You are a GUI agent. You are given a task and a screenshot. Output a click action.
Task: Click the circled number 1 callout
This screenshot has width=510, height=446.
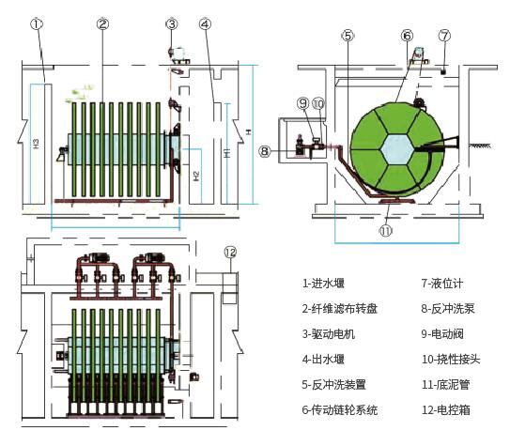[37, 24]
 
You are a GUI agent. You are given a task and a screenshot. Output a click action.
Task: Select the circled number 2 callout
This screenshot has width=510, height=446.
[102, 24]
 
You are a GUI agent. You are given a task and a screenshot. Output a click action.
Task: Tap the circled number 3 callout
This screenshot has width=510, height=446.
[172, 24]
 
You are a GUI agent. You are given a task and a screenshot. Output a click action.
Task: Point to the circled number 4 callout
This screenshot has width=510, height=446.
[205, 24]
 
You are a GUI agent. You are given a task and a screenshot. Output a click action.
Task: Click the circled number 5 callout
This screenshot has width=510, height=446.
[348, 36]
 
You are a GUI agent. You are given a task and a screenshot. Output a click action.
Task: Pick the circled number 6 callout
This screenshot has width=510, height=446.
[407, 36]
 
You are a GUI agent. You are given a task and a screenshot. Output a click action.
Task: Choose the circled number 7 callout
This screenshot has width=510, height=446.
[444, 36]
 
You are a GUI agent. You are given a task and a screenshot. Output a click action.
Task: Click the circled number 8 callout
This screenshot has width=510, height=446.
[265, 151]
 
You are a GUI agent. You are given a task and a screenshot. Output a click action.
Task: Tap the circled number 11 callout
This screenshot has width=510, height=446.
[386, 231]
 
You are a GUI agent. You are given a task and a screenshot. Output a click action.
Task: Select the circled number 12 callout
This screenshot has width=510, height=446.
[230, 253]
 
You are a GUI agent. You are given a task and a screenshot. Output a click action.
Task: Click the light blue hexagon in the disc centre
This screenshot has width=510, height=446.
[398, 149]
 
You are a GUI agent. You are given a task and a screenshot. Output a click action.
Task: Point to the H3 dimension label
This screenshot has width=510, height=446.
[36, 144]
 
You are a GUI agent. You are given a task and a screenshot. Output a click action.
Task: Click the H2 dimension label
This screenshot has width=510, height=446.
[196, 176]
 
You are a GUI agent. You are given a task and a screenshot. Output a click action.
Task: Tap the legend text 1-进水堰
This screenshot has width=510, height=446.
[323, 284]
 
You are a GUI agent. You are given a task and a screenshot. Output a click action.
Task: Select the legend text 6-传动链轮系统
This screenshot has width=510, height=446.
[340, 410]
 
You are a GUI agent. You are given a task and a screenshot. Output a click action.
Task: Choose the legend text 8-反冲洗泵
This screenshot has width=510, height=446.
[448, 309]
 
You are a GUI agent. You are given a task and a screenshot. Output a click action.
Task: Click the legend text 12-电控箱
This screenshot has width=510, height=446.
[446, 410]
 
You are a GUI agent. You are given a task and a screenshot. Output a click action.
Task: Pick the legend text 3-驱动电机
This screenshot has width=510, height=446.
[329, 334]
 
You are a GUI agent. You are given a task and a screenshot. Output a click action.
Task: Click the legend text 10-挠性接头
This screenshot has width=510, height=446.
[451, 360]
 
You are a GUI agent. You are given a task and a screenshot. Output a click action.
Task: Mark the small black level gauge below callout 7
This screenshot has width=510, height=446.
[442, 71]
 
